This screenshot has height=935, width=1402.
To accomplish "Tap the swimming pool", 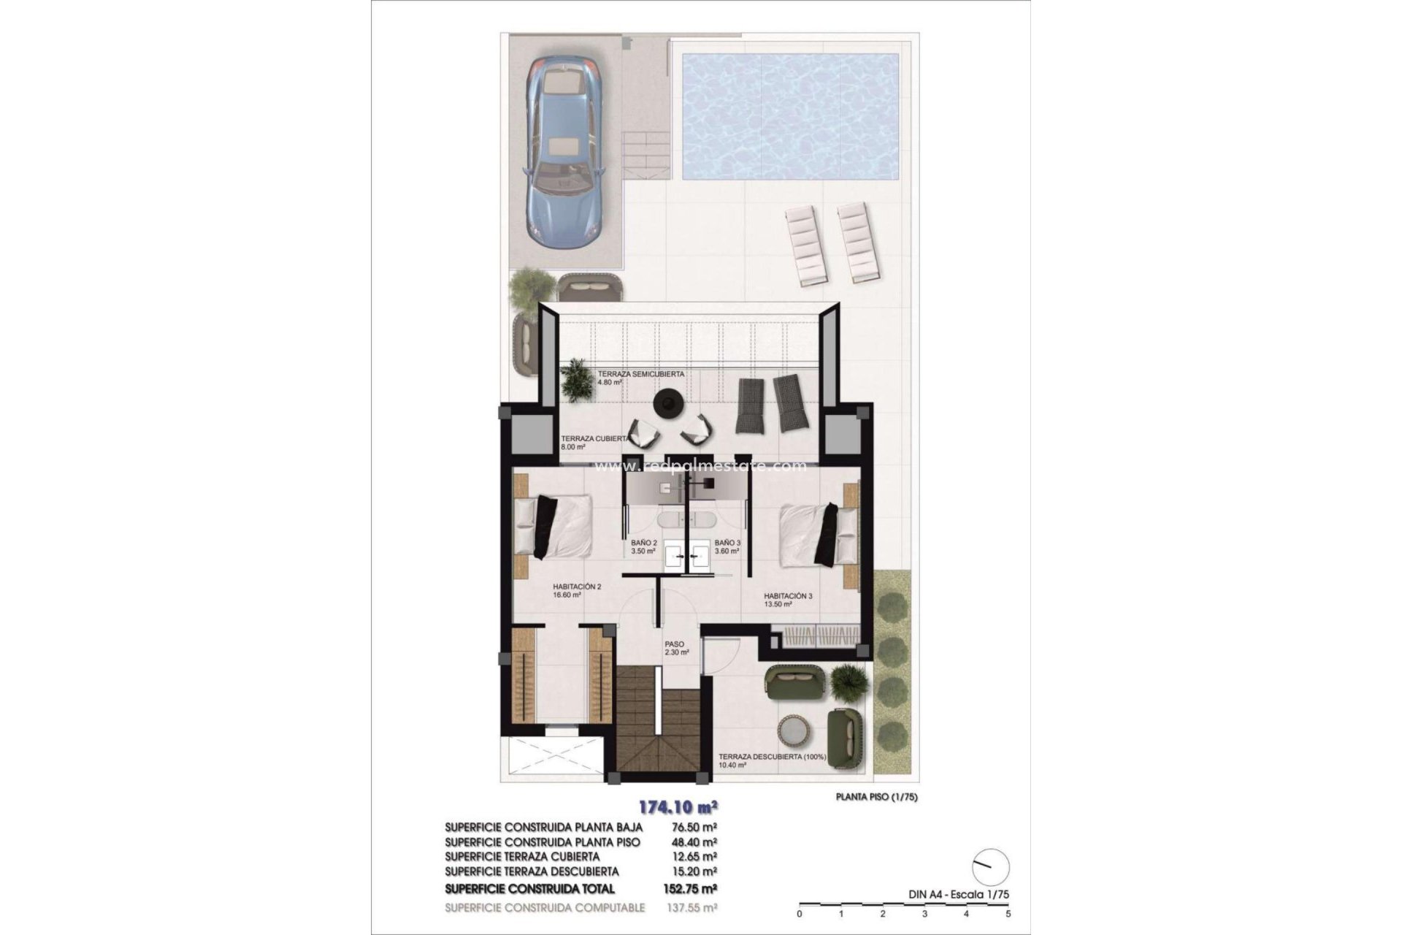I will (789, 117).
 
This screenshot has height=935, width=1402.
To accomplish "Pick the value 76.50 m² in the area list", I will (693, 827).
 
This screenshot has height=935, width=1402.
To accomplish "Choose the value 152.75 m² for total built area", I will (693, 889).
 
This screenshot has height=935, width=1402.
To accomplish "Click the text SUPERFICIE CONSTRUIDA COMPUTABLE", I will (545, 907).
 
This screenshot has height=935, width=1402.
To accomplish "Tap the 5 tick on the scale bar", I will (1008, 913).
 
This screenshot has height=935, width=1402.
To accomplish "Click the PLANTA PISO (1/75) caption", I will (876, 797).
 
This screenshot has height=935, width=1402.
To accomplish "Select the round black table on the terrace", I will (668, 402).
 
